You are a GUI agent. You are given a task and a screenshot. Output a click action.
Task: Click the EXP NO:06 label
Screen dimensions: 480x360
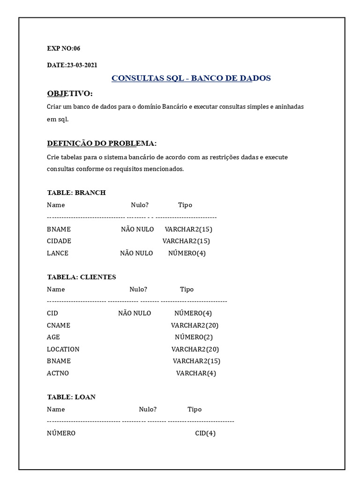coord(63,48)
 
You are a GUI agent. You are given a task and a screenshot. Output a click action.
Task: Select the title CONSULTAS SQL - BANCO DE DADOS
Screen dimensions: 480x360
coord(191,78)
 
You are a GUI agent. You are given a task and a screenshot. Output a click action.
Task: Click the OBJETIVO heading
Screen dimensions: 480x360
coord(70,93)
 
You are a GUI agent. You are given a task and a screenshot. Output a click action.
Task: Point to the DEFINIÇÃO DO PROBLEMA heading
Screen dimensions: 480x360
coord(102,143)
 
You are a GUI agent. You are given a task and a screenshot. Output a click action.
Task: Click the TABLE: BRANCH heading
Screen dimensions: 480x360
coord(76,193)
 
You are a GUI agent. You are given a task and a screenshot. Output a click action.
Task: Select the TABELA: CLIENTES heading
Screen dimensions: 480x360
coord(82,277)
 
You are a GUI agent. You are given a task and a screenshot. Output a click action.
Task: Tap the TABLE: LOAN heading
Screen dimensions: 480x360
coord(71,397)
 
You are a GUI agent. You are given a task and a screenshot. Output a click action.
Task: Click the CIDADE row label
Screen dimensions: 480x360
coord(59,241)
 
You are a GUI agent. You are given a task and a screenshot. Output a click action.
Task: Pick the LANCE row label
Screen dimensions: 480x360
coord(58,253)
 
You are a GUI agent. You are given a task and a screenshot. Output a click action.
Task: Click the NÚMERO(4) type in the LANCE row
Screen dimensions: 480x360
coord(187,253)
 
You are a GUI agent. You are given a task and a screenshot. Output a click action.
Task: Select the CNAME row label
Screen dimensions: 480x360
coord(59,325)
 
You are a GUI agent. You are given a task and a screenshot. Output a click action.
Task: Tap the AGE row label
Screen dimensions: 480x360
coord(53,337)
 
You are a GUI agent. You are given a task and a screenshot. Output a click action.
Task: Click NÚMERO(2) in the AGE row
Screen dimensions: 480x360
coord(194,337)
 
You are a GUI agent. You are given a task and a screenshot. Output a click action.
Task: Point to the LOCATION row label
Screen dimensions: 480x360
coord(63,349)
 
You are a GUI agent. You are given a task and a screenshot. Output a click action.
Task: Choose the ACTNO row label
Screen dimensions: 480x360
coord(58,373)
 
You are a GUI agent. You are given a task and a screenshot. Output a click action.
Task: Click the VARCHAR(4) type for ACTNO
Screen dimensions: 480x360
coord(196,373)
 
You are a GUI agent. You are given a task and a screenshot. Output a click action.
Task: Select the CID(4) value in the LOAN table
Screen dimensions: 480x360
coord(205,433)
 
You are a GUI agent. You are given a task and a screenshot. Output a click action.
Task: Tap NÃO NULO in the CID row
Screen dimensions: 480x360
coord(135,313)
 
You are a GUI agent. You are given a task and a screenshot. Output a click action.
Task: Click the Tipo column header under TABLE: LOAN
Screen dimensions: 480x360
coord(195,409)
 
